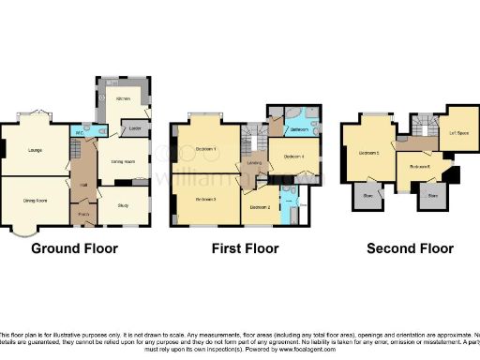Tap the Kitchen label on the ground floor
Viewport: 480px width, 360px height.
click(123, 97)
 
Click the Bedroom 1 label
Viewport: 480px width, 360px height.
click(206, 149)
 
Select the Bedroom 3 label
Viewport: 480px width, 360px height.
click(206, 200)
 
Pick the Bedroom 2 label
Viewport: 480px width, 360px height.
click(260, 206)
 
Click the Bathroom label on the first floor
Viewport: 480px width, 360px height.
click(299, 128)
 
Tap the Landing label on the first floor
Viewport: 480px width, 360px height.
click(253, 167)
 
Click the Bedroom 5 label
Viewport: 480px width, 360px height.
click(369, 152)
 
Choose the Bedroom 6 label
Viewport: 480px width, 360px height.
click(419, 167)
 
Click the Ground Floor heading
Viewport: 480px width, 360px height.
click(74, 248)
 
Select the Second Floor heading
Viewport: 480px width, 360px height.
click(410, 248)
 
